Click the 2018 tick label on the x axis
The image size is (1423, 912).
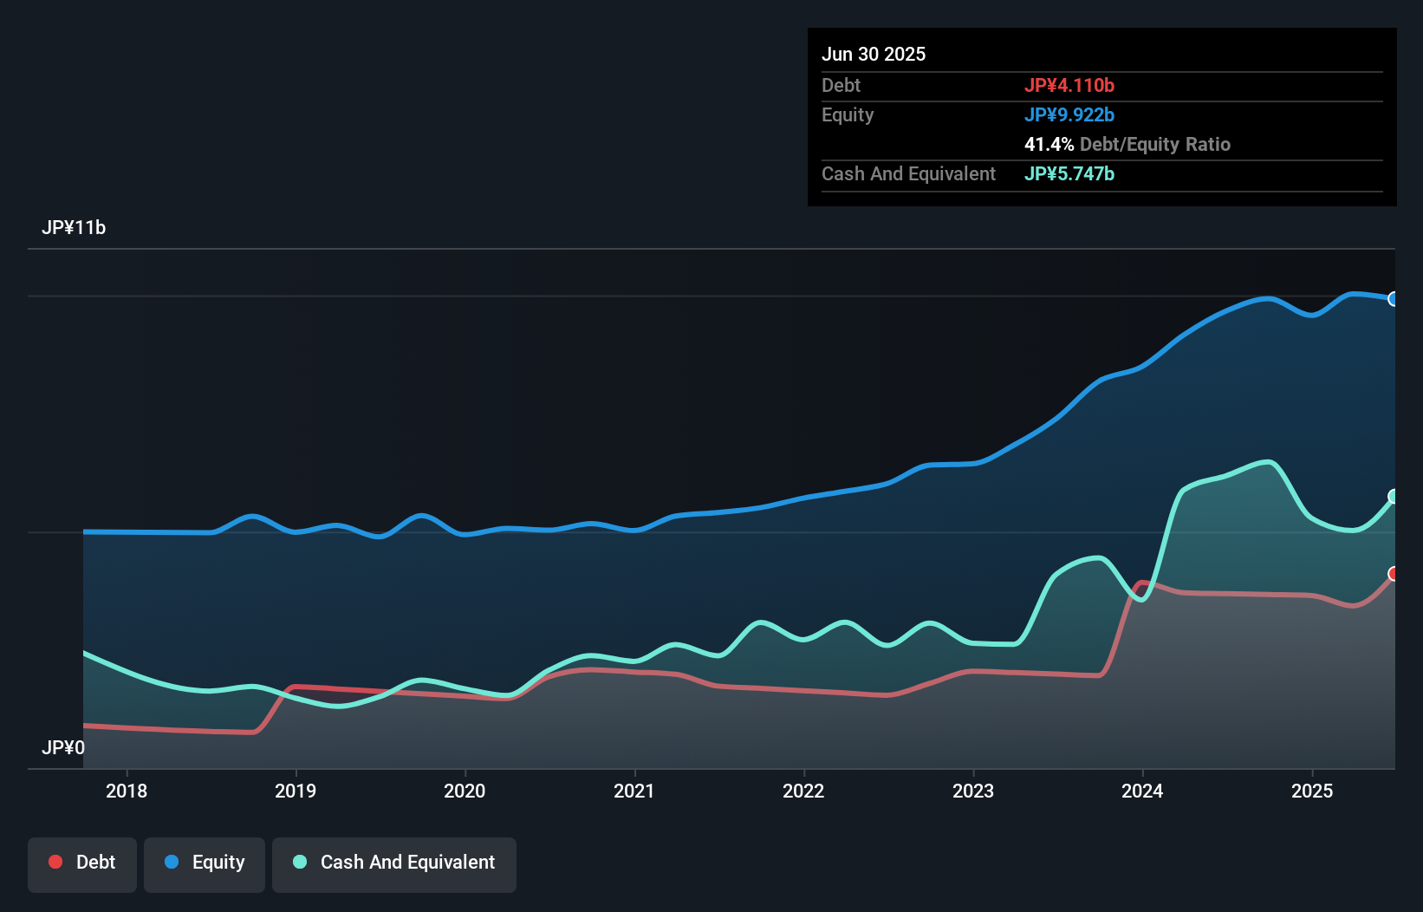(127, 791)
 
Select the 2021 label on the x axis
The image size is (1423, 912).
(634, 791)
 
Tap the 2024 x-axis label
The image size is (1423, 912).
(1142, 791)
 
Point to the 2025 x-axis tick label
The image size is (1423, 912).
(1312, 791)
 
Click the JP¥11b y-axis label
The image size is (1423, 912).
(74, 228)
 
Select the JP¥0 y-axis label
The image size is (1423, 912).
(63, 747)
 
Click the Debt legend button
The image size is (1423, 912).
(82, 863)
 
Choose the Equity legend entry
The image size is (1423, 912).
(205, 863)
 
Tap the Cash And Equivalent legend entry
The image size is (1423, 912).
(394, 863)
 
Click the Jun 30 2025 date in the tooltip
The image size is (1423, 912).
(874, 55)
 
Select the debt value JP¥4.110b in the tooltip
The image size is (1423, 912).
(1069, 86)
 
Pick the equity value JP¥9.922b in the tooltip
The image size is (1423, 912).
(1069, 115)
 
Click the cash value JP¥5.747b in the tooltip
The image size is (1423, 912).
(1069, 174)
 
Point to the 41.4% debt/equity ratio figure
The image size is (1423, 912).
(1049, 145)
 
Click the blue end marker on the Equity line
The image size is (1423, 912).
(1394, 299)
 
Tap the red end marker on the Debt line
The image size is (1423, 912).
(1394, 574)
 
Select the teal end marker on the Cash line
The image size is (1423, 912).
(1394, 497)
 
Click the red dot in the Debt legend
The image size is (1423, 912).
(55, 862)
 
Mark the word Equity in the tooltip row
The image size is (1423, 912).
(848, 115)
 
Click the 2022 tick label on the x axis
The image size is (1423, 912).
(803, 791)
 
